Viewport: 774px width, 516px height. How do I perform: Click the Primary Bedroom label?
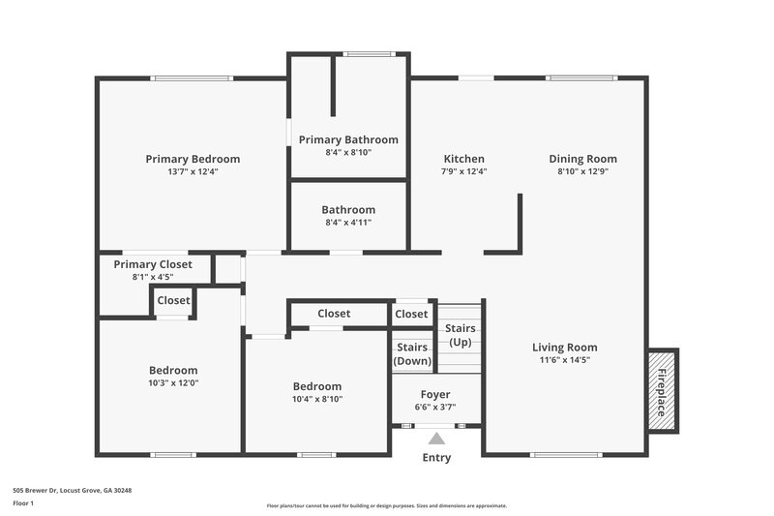click(193, 159)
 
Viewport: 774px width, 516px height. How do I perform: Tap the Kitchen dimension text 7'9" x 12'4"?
click(463, 171)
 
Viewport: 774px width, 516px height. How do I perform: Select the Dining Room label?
click(582, 159)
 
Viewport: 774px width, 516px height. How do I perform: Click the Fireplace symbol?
click(663, 391)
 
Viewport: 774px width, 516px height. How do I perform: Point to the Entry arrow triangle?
click(436, 440)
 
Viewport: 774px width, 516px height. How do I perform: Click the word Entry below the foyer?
click(436, 458)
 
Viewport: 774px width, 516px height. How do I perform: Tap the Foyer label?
click(435, 394)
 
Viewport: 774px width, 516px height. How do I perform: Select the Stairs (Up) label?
click(461, 335)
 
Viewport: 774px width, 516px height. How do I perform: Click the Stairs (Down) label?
click(412, 353)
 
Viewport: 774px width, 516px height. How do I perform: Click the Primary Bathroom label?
click(348, 139)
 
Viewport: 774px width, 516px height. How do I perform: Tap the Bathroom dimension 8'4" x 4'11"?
click(348, 222)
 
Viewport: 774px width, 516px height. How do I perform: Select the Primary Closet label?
click(153, 264)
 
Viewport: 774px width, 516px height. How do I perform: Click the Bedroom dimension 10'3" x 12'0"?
click(173, 382)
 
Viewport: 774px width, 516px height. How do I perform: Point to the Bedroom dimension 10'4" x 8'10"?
click(317, 398)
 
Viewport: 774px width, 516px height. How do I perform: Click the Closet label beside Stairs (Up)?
click(411, 314)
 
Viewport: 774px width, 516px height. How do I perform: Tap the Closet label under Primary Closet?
click(174, 300)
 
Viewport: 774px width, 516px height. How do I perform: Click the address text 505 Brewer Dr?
click(72, 491)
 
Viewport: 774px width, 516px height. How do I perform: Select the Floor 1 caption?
click(23, 503)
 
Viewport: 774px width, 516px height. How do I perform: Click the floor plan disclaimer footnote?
click(386, 505)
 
